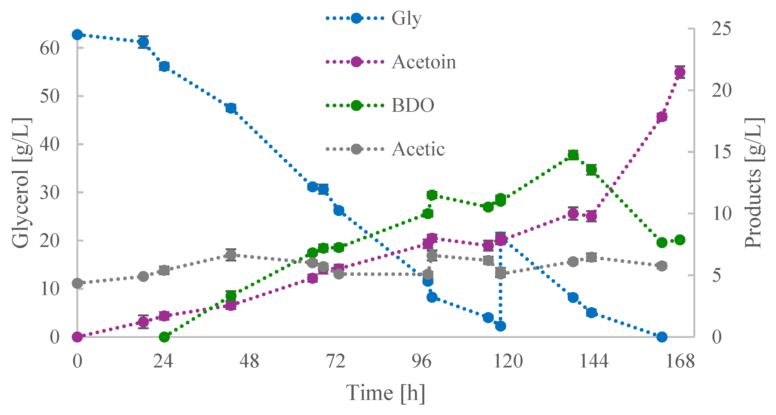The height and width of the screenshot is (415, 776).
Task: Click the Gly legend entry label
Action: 406,19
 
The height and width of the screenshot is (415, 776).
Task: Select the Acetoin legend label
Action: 423,62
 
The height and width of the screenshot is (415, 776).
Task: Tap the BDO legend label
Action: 413,105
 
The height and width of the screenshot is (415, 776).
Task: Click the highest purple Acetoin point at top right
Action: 680,72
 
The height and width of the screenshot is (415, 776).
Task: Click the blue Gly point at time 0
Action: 77,35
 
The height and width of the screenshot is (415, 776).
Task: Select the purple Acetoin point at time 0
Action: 77,337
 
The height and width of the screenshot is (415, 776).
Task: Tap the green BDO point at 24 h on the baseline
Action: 164,337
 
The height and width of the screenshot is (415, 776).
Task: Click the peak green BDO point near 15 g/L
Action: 573,155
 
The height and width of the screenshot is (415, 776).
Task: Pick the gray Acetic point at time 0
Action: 77,283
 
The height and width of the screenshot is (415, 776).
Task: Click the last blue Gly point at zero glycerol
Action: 662,337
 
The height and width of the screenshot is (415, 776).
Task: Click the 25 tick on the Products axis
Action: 722,29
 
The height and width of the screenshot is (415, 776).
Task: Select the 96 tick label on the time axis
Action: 422,361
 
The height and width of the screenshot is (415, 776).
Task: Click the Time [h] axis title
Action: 385,393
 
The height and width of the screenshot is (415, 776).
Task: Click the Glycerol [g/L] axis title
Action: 21,183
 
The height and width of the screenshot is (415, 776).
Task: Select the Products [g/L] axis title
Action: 754,183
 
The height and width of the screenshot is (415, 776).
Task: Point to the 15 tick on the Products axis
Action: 722,152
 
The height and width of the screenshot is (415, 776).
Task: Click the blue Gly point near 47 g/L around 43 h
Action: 231,108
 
